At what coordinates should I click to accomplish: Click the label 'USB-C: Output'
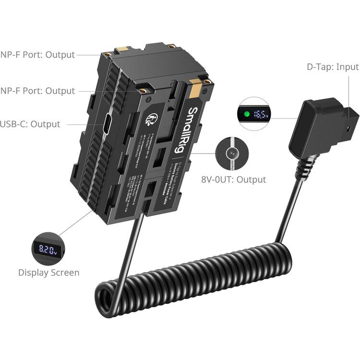[30, 124]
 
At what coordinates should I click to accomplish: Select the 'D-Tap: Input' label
[333, 67]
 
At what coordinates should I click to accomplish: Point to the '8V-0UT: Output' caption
[234, 180]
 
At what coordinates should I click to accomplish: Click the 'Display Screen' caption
[49, 272]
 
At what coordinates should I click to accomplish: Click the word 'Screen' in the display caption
[64, 272]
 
